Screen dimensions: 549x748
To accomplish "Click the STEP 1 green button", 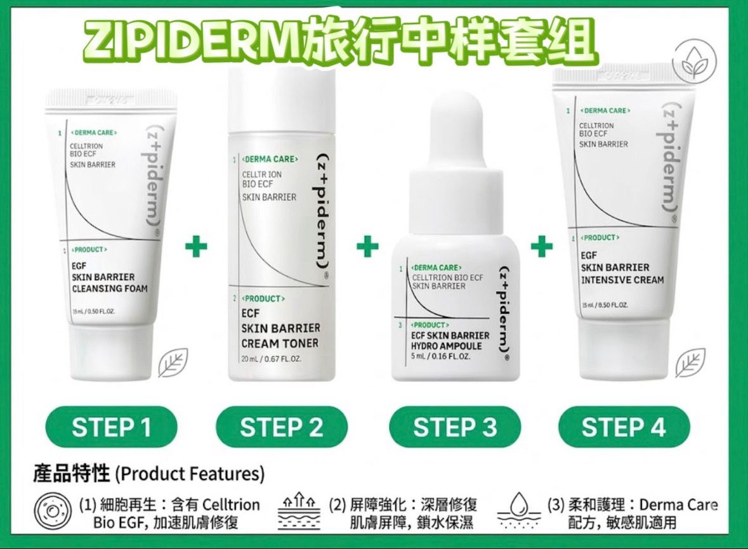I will pos(111,427).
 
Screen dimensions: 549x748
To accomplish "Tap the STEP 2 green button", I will pos(282,427).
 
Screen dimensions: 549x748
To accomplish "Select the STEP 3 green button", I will pos(454,427).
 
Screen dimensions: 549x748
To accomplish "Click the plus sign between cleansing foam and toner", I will pos(196,246).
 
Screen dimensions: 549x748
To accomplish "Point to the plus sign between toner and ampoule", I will pos(367,246).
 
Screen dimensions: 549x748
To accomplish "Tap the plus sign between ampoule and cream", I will pos(541,246).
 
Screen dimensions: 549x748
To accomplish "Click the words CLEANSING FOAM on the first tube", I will pos(110,288).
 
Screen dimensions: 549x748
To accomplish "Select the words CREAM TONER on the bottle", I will pos(280,344).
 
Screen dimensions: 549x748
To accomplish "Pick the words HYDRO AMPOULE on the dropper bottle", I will pos(447,346).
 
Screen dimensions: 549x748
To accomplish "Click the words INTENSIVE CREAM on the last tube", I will pos(622,280).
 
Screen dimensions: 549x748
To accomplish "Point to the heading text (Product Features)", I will pos(190,474).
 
